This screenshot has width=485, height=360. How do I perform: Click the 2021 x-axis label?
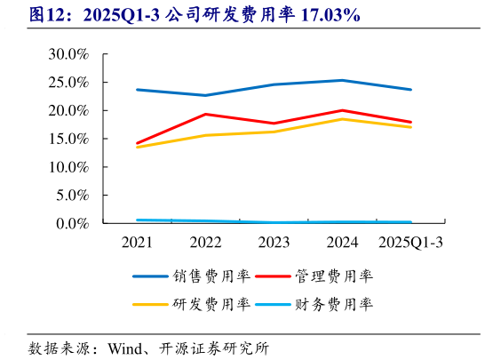[x=137, y=242]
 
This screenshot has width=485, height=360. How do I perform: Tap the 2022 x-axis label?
[x=205, y=242]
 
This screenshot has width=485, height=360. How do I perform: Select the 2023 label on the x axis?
[x=274, y=242]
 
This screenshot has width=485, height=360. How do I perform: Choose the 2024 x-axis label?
[x=342, y=242]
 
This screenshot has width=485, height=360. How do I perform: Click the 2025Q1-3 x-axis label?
[x=410, y=242]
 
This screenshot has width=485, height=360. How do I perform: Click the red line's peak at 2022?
[x=205, y=114]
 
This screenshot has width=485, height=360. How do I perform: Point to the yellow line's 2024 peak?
[x=342, y=118]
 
